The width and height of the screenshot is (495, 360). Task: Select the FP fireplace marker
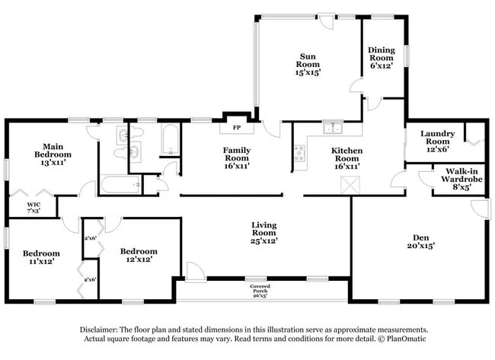[x=236, y=127]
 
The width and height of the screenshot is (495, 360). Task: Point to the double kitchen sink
[x=332, y=128]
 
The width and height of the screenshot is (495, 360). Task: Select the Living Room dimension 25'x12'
[x=264, y=241]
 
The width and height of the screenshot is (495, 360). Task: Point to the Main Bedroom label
[x=52, y=151]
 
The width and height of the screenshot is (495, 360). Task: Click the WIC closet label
[x=34, y=205]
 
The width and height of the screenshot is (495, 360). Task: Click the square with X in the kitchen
[x=350, y=183]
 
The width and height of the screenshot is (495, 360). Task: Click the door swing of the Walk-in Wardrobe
[x=423, y=179]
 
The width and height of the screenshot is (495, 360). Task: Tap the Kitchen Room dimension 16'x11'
[x=346, y=165]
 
